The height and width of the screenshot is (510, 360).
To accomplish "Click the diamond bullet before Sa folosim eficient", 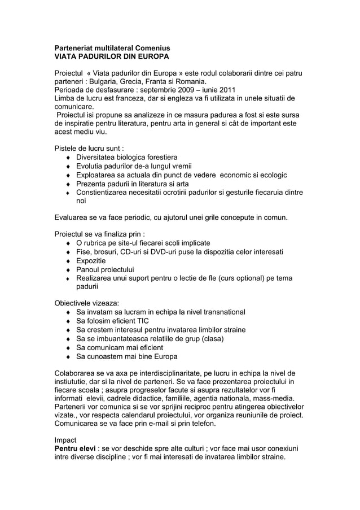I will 69,321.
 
